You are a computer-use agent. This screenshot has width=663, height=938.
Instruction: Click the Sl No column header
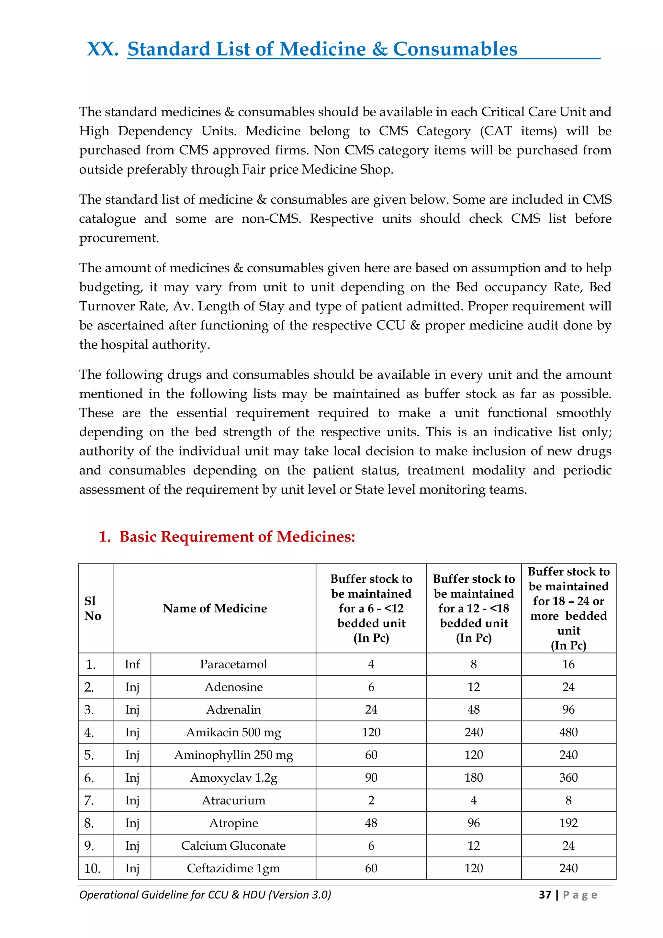93,608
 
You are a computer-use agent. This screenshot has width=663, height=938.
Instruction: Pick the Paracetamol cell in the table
233,664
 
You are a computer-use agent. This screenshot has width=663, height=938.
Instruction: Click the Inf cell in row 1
132,664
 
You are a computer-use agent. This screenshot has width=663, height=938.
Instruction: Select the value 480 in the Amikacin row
568,732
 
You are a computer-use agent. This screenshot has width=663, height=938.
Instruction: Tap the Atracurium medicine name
233,800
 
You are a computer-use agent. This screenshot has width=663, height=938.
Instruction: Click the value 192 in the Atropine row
568,823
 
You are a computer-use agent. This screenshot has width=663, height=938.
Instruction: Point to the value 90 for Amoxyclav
371,777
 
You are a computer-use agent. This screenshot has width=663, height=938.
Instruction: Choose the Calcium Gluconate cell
233,846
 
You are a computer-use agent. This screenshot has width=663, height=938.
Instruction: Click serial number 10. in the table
92,868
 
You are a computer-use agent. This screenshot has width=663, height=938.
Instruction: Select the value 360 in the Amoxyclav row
568,777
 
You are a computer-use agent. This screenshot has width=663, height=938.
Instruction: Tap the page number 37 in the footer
545,895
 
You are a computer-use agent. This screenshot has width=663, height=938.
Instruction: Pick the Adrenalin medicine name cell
233,709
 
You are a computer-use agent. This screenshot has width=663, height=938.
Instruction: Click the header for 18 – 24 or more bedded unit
568,608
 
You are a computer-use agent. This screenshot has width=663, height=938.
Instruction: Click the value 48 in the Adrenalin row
473,709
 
